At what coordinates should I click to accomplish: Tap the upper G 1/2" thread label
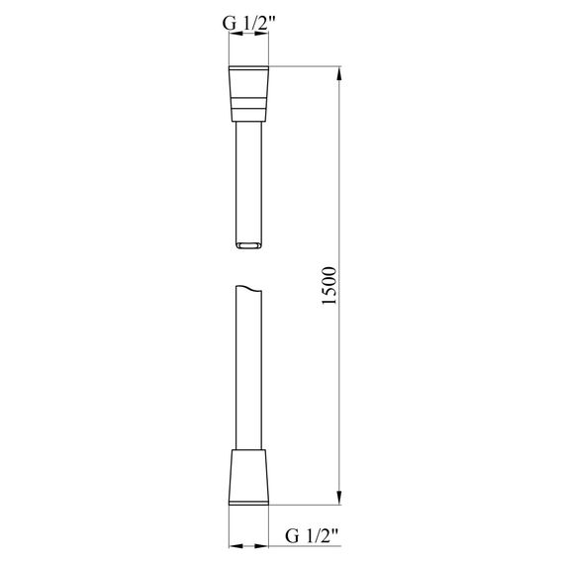247,18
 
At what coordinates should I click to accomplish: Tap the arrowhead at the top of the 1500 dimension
340,75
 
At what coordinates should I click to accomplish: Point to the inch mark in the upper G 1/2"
271,13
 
